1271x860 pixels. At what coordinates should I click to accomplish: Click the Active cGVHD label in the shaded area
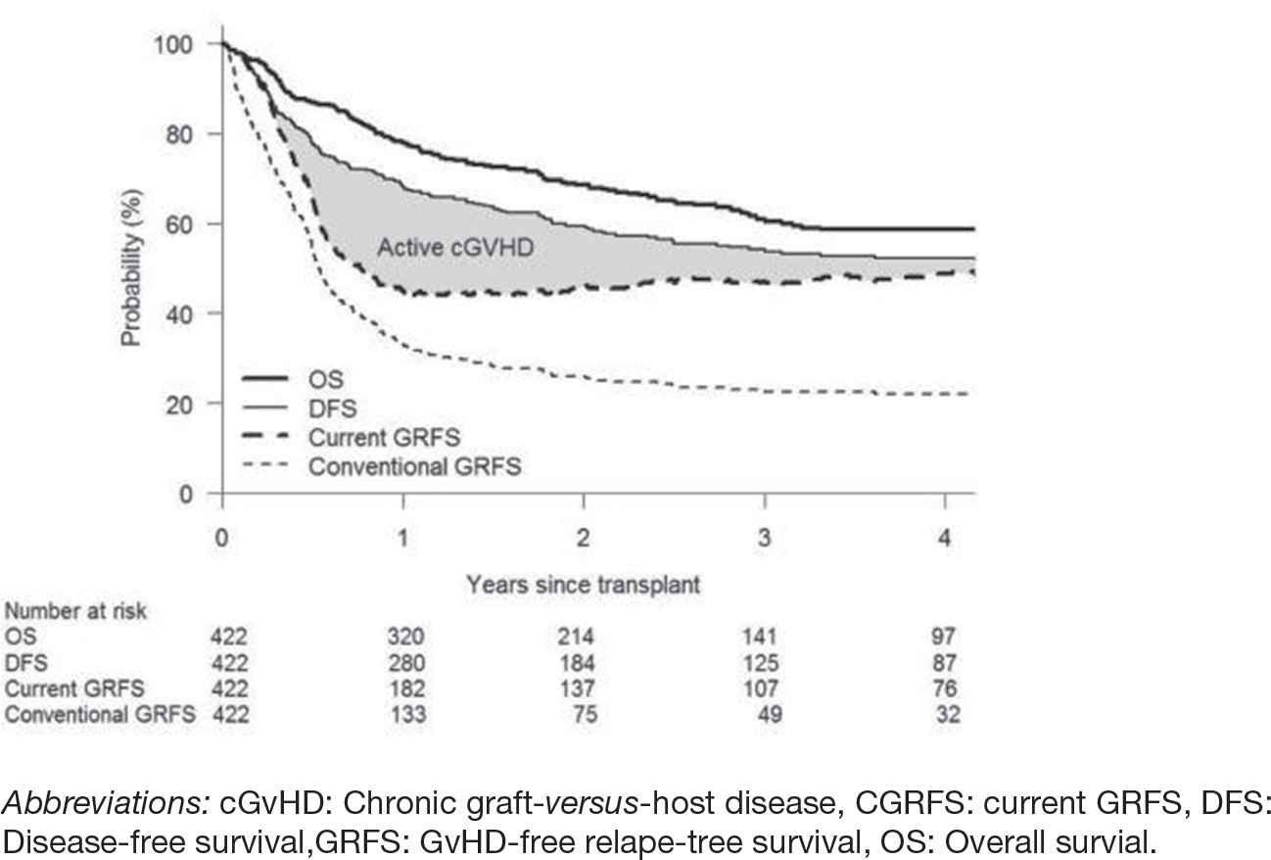coord(455,247)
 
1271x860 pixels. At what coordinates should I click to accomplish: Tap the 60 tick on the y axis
coord(183,224)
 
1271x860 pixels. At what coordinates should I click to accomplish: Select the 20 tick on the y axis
coord(183,404)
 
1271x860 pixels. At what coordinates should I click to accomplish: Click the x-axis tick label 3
coord(765,537)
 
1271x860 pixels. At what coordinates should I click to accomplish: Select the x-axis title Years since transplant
coord(584,585)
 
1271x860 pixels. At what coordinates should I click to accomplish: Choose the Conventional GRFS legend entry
coord(414,467)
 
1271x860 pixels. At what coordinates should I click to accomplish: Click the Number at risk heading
coord(75,611)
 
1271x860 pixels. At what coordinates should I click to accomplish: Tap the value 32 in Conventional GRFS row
coord(947,715)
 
